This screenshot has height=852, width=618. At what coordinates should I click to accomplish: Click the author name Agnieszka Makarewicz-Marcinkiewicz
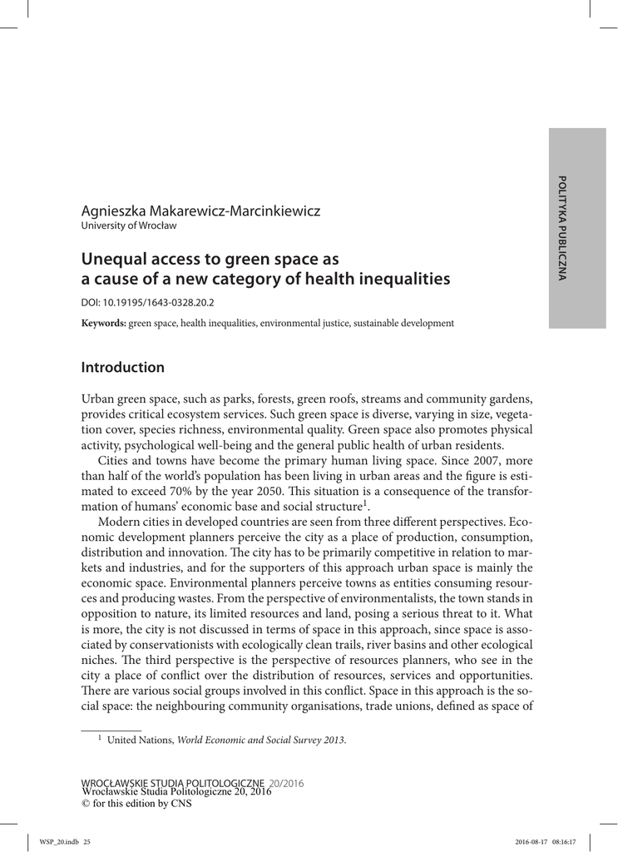pos(200,211)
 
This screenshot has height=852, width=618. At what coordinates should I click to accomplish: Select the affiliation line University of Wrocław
pos(128,225)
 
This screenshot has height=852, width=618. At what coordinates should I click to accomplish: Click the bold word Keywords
pos(103,323)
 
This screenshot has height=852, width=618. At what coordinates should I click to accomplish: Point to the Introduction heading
pos(122,367)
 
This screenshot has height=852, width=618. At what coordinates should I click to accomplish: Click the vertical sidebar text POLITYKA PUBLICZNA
pos(562,228)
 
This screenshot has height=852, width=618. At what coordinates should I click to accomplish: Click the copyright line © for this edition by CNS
pos(136,804)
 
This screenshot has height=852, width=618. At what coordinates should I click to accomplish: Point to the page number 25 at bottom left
pos(87,841)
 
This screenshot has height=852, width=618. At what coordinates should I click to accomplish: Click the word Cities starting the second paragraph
pos(115,460)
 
